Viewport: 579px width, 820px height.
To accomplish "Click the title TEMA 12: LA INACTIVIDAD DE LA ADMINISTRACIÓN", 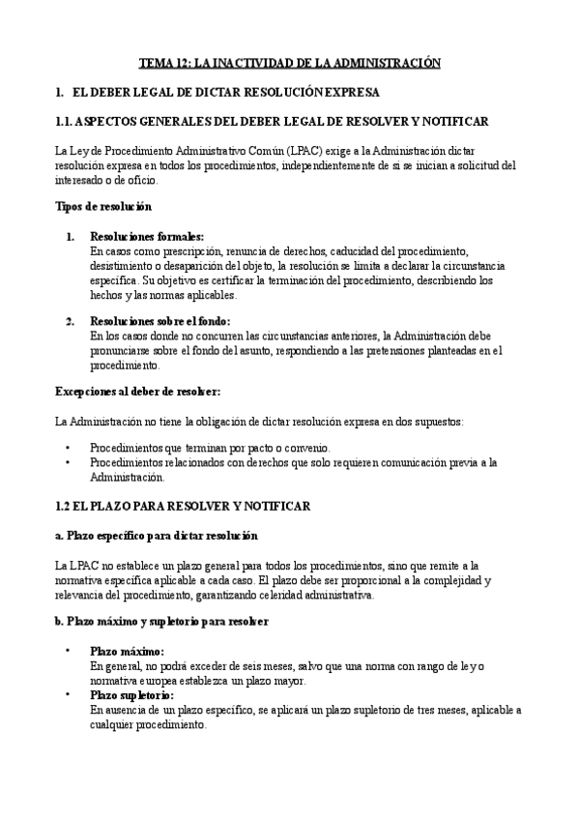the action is click(x=289, y=63).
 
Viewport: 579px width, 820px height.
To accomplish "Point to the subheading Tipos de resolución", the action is click(x=102, y=207).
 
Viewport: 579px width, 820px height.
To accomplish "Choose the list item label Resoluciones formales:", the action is click(x=146, y=236).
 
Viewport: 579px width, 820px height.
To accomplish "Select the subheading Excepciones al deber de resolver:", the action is click(x=137, y=392).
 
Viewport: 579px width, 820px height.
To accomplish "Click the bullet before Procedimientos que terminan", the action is click(x=68, y=449).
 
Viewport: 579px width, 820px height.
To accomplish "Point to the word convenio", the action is click(x=306, y=449).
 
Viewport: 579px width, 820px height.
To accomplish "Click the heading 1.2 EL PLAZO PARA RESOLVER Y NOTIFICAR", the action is click(x=183, y=506).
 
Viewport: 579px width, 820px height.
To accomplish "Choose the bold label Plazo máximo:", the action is click(x=127, y=651).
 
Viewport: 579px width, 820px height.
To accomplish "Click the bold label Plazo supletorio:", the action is click(x=131, y=694).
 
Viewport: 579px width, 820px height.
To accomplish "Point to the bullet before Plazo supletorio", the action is click(x=68, y=694).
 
